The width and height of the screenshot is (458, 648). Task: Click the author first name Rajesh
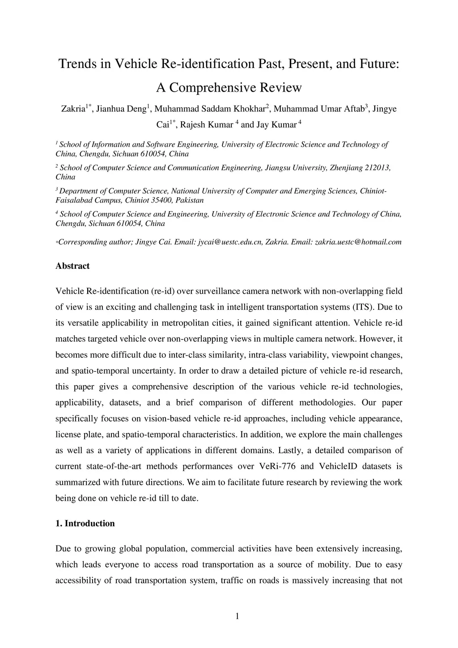[x=193, y=125]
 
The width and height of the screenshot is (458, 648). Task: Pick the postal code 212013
[x=377, y=168]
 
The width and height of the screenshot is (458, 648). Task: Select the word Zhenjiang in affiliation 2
[x=346, y=168]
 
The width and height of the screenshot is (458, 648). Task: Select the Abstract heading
[x=72, y=266]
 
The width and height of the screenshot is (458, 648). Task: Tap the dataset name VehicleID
[x=338, y=466]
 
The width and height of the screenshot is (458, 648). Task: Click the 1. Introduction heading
[x=85, y=524]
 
